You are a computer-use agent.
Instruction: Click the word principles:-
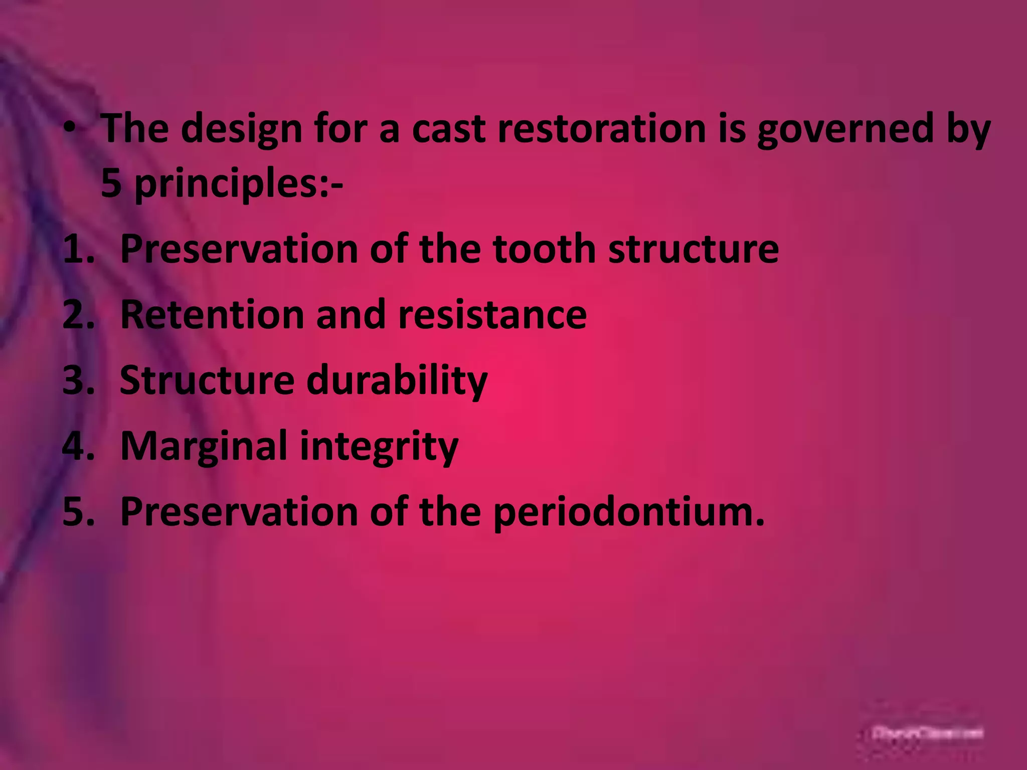pos(239,184)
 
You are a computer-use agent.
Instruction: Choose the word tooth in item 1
pos(544,249)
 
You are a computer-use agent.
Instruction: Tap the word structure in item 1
pos(694,249)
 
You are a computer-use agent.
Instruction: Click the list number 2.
pos(78,315)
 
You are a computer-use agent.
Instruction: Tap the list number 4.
pos(78,446)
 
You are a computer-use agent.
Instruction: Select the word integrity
pos(379,446)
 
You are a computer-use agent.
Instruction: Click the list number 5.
pos(78,512)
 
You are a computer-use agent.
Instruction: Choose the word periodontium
pos(629,512)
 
